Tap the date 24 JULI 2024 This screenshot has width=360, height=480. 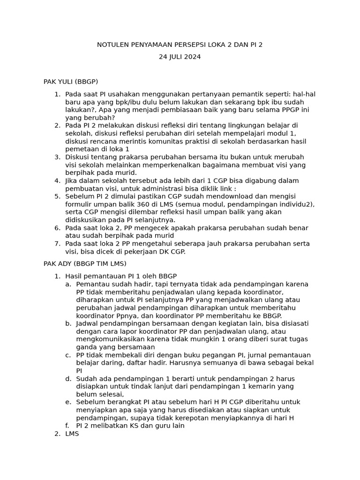(180, 57)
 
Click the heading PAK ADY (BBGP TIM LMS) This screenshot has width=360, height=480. (85, 264)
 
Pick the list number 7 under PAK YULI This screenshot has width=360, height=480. (57, 244)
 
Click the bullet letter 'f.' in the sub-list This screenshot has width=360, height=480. (68, 426)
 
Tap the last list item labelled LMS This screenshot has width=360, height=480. (72, 434)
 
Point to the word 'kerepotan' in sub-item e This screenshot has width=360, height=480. (199, 418)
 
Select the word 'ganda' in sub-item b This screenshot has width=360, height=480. (86, 347)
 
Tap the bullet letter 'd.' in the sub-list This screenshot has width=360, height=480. (68, 378)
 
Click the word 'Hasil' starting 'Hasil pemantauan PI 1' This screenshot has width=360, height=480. (74, 276)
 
